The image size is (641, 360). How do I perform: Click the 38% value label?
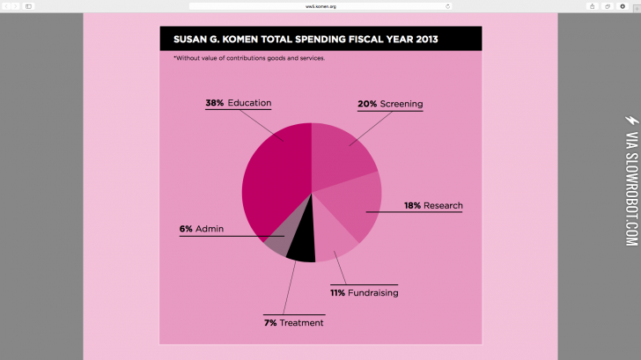click(215, 103)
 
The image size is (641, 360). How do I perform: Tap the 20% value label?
click(367, 104)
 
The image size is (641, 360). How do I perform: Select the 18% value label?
click(412, 206)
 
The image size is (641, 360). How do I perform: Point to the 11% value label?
click(337, 292)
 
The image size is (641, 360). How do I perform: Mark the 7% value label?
click(270, 323)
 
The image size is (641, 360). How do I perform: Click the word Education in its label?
click(250, 103)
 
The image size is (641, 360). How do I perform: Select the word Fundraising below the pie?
click(373, 292)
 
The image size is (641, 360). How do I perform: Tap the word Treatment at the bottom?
click(302, 323)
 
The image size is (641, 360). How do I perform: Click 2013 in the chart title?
click(422, 39)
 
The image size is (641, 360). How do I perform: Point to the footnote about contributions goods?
click(249, 58)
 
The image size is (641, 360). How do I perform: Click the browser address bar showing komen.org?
click(320, 5)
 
